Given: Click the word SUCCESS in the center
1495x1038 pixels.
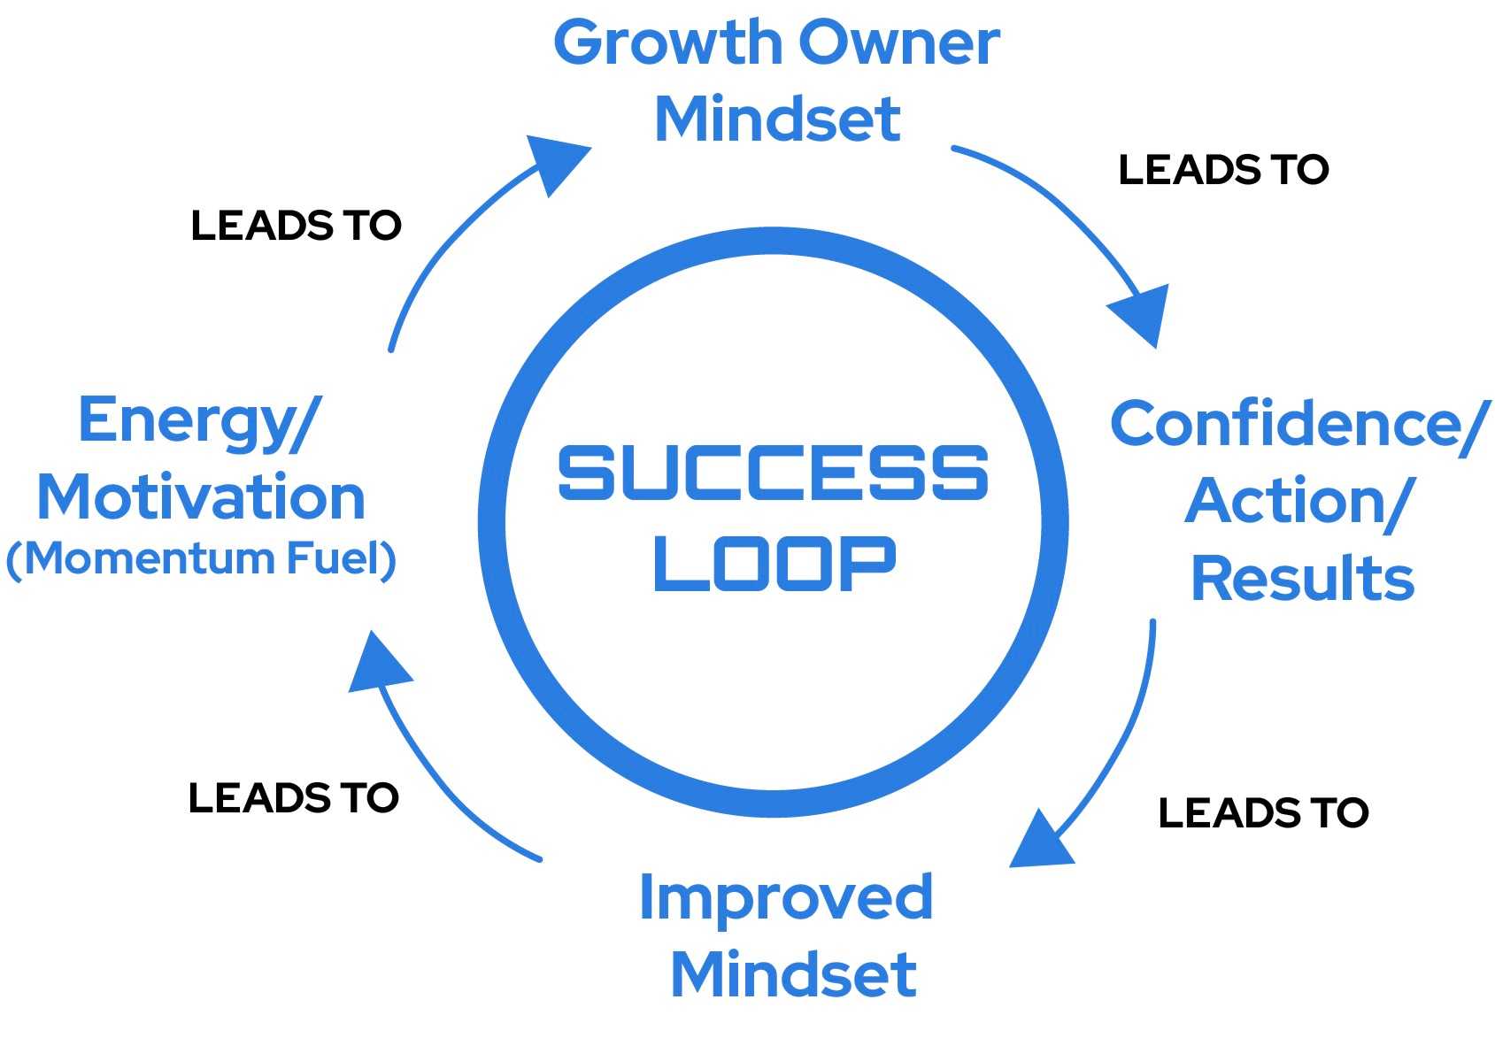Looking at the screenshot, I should click(x=773, y=473).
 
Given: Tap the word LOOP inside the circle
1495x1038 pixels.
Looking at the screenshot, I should click(x=774, y=564).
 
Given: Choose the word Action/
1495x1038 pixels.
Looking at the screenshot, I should click(x=1298, y=502).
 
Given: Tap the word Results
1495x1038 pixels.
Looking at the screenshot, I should click(x=1302, y=579).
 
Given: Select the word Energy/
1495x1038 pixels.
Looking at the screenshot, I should click(x=199, y=422).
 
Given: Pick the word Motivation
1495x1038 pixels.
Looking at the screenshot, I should click(x=201, y=497).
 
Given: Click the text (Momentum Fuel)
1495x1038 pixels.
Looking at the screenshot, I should click(x=201, y=559).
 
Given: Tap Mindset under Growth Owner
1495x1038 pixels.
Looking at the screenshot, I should click(x=777, y=119).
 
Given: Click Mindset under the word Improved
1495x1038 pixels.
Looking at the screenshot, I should click(x=793, y=974).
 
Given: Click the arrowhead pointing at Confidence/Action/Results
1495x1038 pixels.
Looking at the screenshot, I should click(x=1144, y=312).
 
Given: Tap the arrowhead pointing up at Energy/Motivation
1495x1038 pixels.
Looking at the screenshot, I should click(x=378, y=665).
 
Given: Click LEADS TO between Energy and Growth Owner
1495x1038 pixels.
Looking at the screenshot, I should click(x=296, y=226).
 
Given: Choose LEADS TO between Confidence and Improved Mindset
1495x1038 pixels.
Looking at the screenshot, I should click(x=1263, y=813).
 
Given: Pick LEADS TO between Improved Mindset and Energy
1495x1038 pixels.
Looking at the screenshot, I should click(x=293, y=798).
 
